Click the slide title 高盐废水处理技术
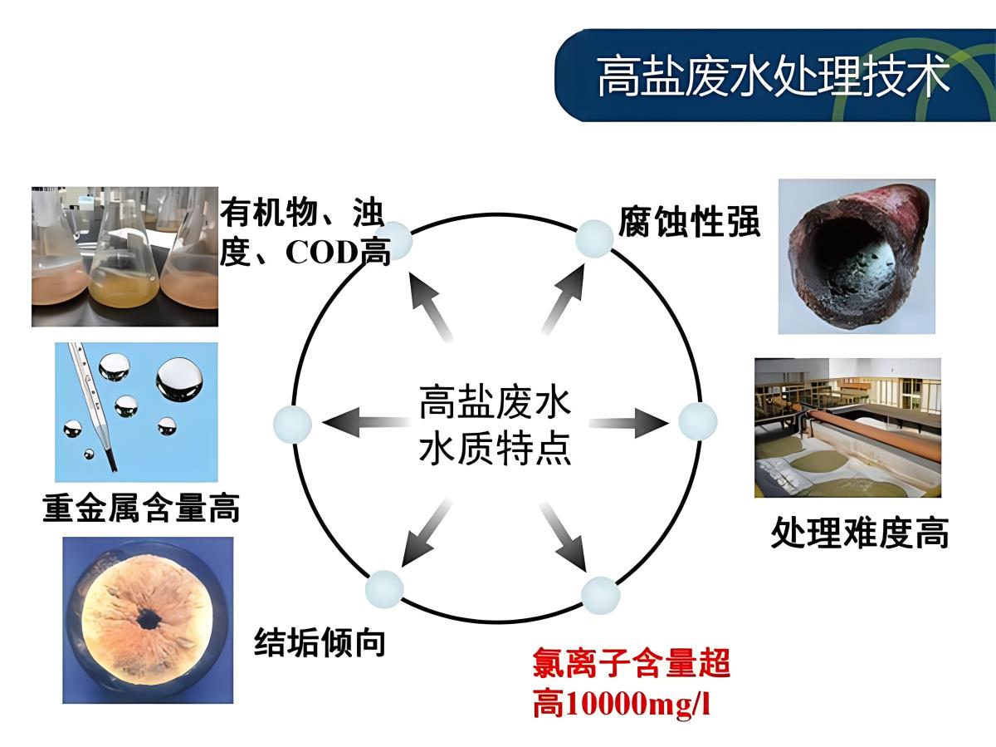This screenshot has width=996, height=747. click(x=773, y=77)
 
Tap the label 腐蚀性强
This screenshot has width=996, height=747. click(x=689, y=223)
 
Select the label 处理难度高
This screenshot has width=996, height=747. click(x=859, y=532)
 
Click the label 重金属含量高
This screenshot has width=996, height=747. click(x=141, y=507)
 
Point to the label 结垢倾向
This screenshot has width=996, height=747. click(x=320, y=641)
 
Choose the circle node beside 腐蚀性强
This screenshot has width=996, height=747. click(x=594, y=238)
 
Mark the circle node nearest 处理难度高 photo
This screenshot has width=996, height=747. click(x=697, y=421)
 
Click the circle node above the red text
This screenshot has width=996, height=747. click(x=600, y=595)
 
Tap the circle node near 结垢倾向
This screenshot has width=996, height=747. click(x=384, y=589)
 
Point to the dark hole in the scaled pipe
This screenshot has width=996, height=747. click(x=149, y=618)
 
